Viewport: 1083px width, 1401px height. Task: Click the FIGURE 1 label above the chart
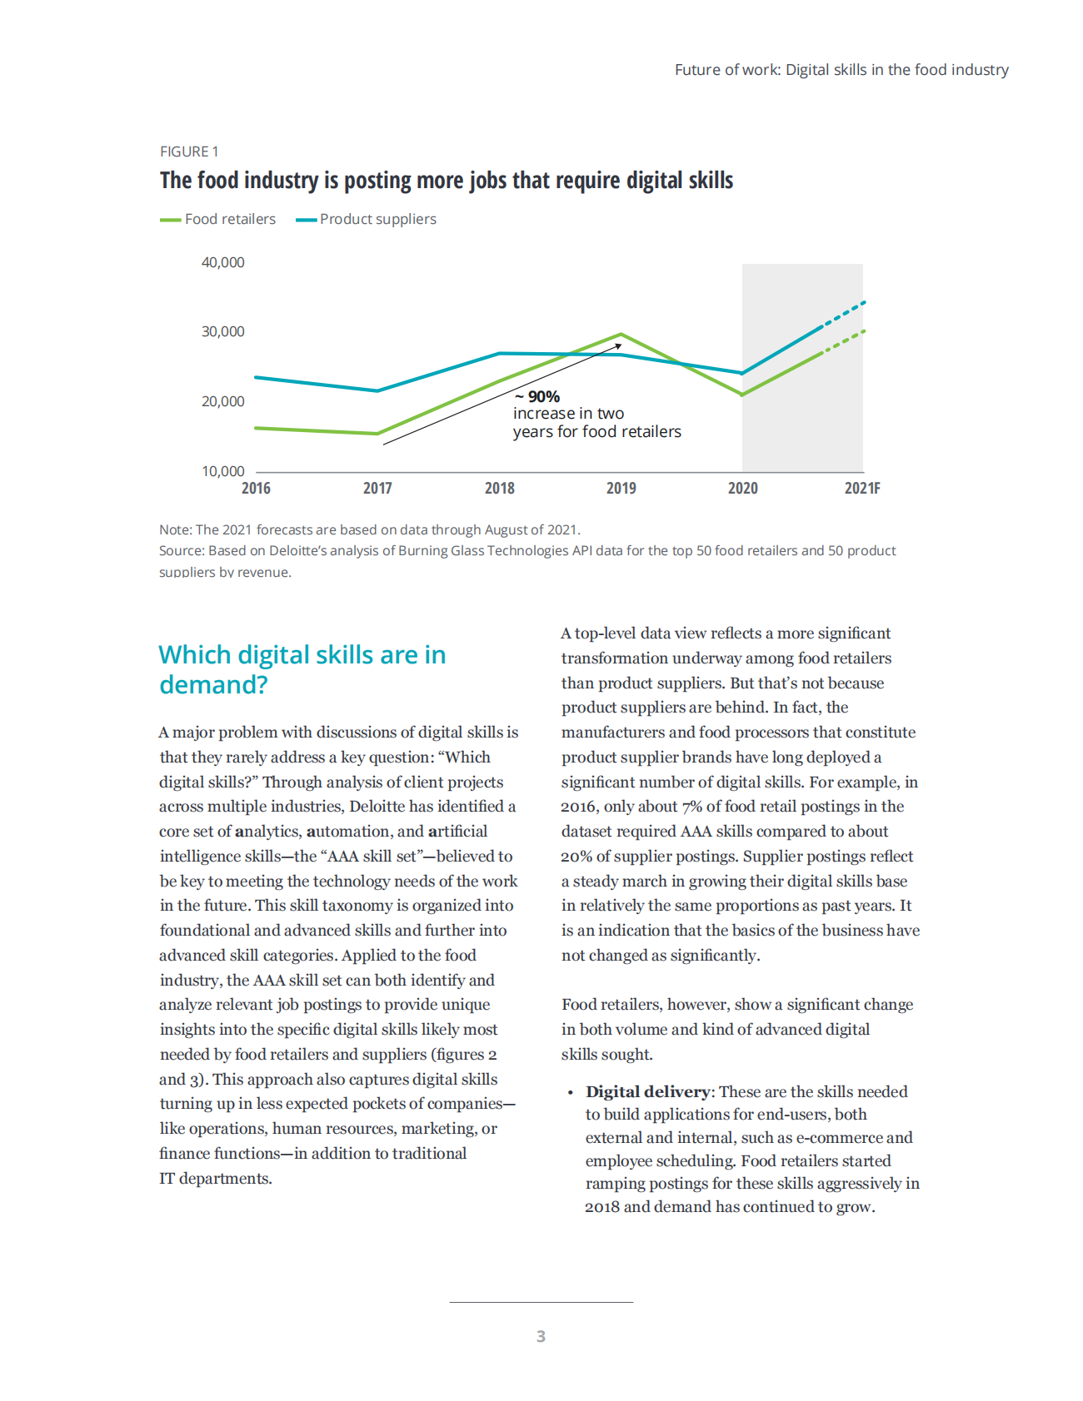[189, 152]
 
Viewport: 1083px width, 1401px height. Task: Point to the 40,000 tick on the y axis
[223, 262]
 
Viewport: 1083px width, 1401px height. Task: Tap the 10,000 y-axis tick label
[223, 471]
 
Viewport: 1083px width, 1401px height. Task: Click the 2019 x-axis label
[621, 489]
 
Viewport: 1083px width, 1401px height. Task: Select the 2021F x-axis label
[862, 489]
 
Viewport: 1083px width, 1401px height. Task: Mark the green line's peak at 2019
[621, 335]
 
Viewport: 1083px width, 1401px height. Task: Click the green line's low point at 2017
[377, 433]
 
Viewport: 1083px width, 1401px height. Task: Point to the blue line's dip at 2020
[742, 373]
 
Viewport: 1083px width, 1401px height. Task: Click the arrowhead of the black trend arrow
[618, 345]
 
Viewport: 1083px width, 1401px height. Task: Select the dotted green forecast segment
[845, 341]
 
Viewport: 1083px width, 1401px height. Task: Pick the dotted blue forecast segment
[845, 314]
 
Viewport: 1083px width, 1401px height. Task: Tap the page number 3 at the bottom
[541, 1336]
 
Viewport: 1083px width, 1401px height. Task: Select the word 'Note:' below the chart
[176, 529]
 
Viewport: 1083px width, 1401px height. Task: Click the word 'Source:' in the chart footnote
[182, 551]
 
